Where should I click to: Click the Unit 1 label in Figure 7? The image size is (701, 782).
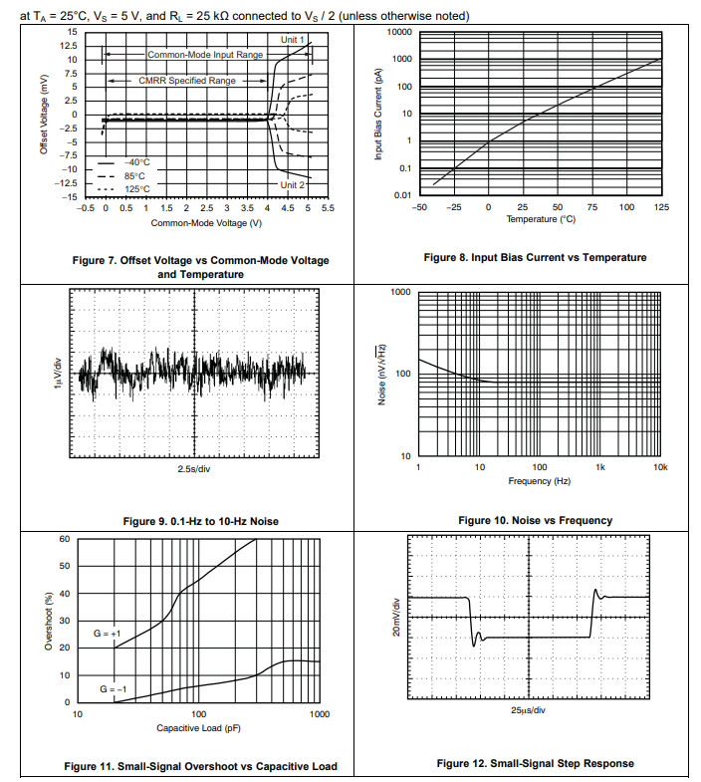pos(293,38)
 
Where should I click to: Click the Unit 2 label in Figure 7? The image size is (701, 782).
pos(293,185)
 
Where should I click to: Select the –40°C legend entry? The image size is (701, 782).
pos(136,161)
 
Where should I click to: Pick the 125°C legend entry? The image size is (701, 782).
pos(136,188)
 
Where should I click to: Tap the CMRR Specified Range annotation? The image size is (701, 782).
pos(187,80)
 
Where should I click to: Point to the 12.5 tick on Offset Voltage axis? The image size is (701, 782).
pos(70,46)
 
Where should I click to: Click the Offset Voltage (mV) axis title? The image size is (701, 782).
pos(44,115)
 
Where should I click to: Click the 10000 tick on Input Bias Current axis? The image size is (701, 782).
pos(399,32)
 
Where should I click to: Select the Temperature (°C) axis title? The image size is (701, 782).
pos(541,218)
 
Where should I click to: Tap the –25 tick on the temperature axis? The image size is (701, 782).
pos(454,206)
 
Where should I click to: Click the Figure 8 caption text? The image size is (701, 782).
pos(535,257)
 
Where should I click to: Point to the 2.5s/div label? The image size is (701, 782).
pos(194,468)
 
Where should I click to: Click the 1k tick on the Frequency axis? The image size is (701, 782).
pos(600,467)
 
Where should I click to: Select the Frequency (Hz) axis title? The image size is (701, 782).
pos(539,481)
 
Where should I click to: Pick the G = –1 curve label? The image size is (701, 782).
pos(110,688)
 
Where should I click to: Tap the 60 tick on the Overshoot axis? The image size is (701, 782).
pos(64,539)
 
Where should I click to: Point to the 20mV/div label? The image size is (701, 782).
pos(396,617)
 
